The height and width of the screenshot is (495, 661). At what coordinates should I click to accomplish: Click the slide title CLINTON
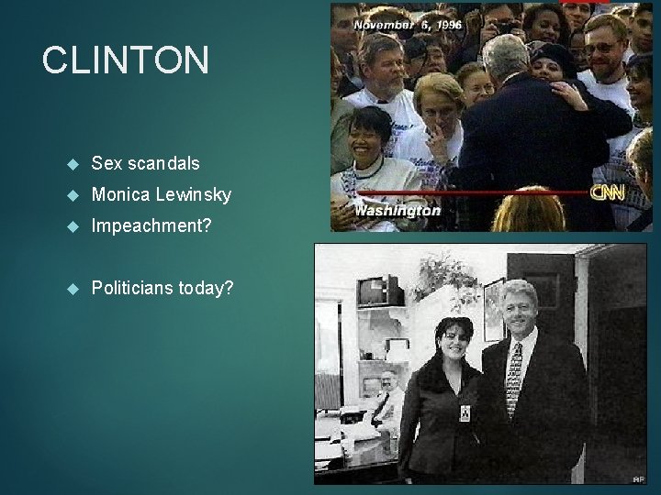[126, 60]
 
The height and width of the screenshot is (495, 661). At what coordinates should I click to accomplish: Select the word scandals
[162, 163]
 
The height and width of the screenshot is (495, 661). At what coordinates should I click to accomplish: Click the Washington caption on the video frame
[398, 211]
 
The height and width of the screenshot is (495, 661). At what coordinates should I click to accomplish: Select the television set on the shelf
[380, 291]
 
